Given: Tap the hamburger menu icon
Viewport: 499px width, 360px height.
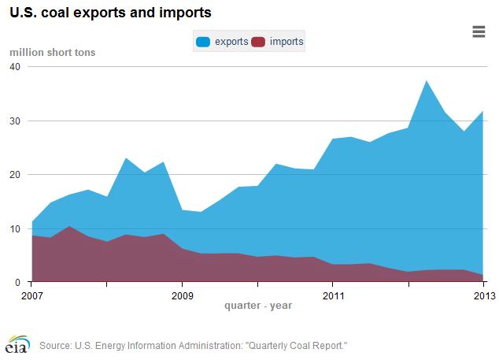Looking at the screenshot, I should click(x=479, y=32).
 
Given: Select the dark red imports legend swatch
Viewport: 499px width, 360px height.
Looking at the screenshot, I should click(x=259, y=41).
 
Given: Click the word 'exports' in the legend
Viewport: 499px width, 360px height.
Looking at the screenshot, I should click(x=233, y=41).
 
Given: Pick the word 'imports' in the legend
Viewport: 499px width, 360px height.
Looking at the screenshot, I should click(x=286, y=41).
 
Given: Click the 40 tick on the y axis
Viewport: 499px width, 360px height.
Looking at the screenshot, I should click(x=14, y=67).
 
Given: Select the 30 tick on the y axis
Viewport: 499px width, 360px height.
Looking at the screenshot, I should click(x=14, y=121).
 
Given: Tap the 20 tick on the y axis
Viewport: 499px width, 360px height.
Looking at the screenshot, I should click(x=14, y=174).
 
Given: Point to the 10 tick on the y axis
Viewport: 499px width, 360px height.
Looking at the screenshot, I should click(x=14, y=228).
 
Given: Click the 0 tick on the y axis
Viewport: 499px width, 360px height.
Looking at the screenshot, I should click(x=17, y=282).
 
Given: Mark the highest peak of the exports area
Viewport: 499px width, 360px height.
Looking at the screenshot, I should click(x=426, y=81).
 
